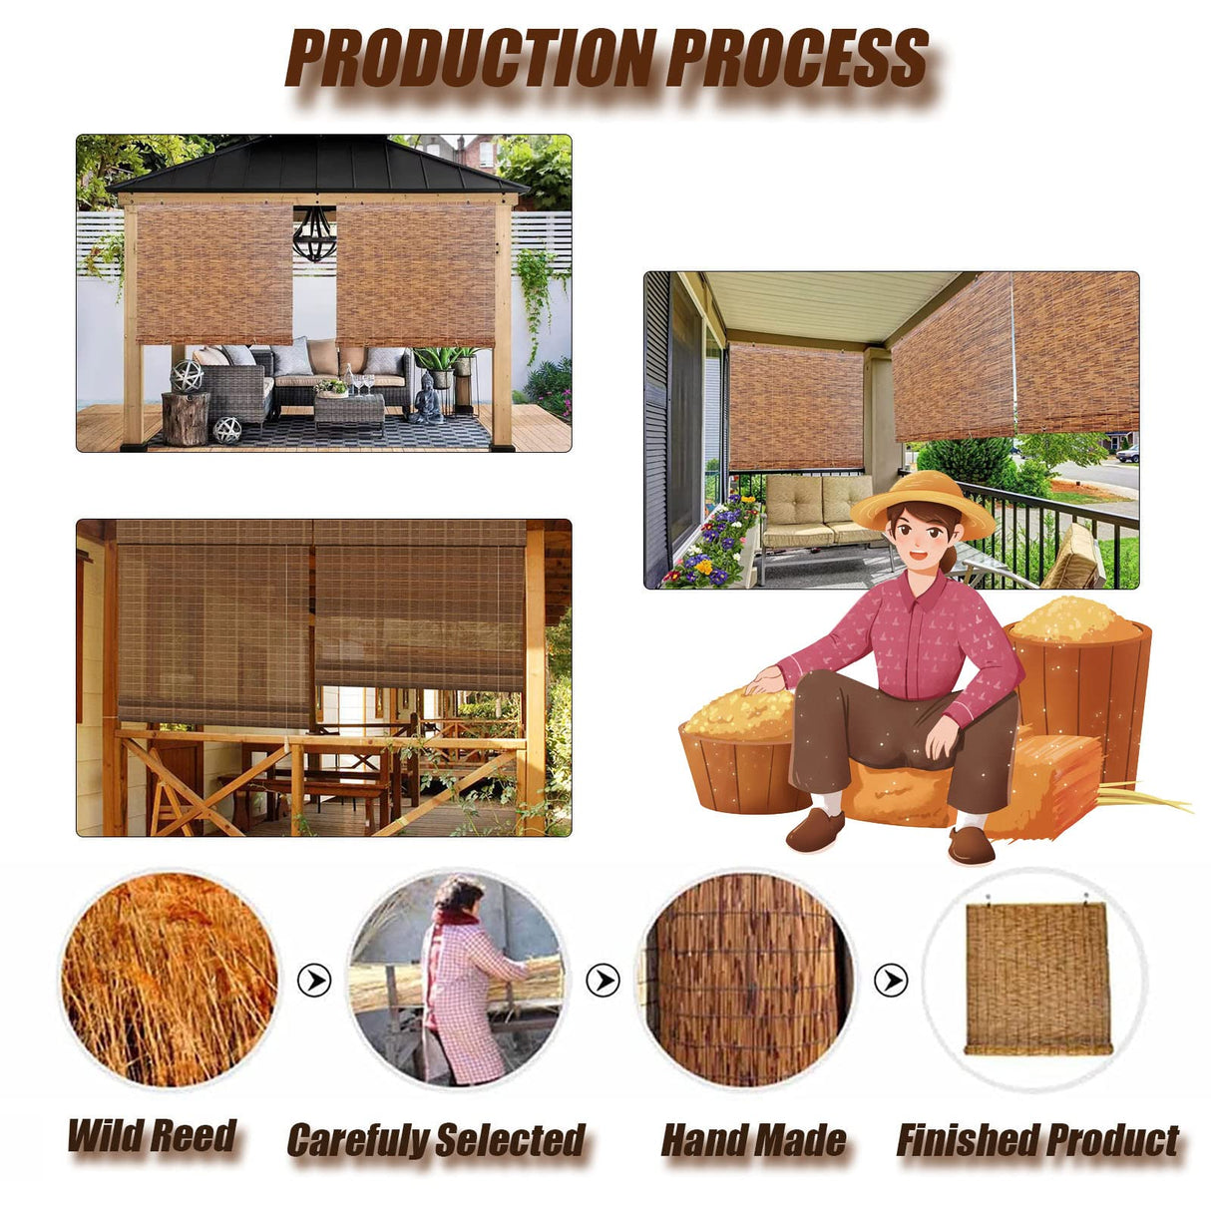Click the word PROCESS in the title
798,58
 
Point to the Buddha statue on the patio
428,397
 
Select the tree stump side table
186,418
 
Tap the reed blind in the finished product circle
1037,981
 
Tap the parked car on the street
1128,454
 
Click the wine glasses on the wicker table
365,384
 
